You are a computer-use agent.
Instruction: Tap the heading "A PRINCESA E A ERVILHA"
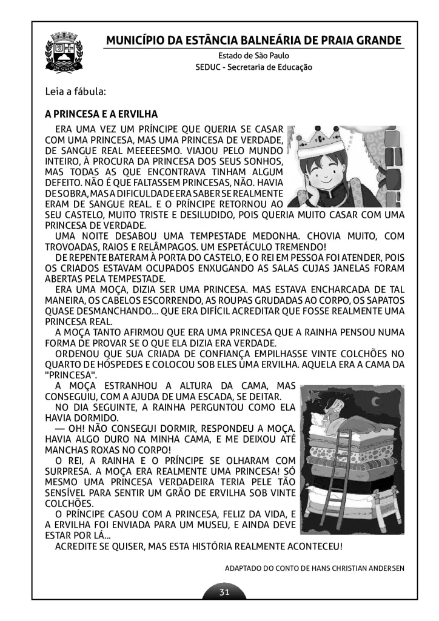click(x=101, y=114)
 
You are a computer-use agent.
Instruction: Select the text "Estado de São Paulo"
click(x=253, y=56)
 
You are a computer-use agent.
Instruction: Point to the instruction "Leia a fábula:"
click(x=76, y=92)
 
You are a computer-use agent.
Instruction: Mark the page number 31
click(x=224, y=592)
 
